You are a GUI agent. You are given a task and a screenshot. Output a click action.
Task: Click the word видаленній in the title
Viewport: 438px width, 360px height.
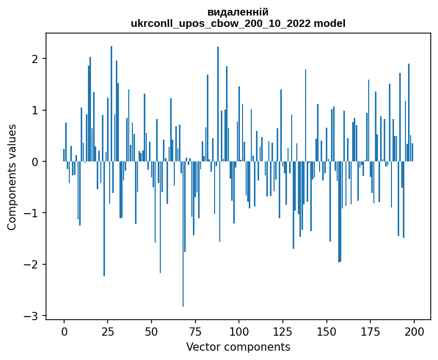tap(238, 12)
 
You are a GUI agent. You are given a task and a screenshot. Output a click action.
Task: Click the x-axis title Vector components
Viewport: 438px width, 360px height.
tap(238, 347)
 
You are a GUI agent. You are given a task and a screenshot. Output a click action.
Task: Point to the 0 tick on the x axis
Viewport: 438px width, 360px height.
tap(64, 331)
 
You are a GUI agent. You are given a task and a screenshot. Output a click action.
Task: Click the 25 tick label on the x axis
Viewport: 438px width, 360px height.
tap(108, 331)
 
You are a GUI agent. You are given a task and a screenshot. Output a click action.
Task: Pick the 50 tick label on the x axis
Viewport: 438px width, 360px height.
tap(152, 331)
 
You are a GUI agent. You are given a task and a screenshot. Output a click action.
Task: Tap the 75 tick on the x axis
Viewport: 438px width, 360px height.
tap(195, 331)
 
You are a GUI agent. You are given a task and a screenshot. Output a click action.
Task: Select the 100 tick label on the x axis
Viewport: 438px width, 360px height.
tap(239, 331)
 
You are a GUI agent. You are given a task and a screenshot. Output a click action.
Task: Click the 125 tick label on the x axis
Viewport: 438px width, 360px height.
tap(282, 331)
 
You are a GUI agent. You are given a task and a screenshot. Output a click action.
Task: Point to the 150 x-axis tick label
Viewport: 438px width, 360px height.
tap(326, 331)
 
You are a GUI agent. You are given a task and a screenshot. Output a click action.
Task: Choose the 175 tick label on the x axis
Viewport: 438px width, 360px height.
tap(370, 331)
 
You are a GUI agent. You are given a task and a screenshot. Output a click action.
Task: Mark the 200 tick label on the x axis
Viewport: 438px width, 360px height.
tap(414, 331)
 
